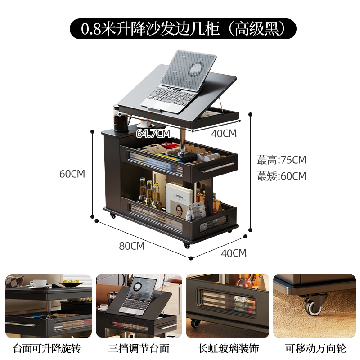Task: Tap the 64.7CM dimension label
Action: [153, 134]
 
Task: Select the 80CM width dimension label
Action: [131, 246]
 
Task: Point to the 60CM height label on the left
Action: [72, 174]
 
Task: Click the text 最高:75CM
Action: [282, 160]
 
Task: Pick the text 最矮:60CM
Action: [282, 176]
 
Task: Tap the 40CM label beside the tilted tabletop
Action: [224, 134]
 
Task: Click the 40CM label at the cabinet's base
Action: [234, 253]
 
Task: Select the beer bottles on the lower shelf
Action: [149, 193]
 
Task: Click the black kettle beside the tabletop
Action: [121, 120]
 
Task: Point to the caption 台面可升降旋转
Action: [48, 348]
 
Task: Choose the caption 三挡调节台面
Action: [139, 348]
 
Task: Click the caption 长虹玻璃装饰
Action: [229, 348]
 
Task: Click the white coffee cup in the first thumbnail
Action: [38, 283]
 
